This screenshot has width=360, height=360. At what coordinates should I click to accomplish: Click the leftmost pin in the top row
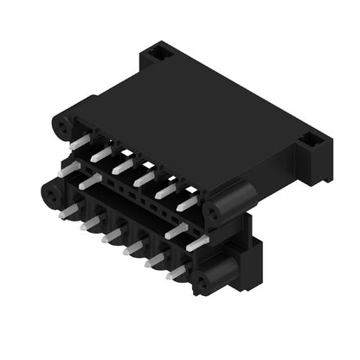(80, 141)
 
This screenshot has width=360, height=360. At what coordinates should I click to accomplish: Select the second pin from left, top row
(102, 153)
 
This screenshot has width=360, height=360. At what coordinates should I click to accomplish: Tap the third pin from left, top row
(124, 164)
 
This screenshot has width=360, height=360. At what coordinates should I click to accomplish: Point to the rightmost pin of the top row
(188, 202)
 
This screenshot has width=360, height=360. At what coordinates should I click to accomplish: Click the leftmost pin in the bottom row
(68, 210)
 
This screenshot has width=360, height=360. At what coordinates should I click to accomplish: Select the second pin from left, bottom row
(90, 223)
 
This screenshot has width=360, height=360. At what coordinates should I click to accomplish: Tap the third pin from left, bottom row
(112, 235)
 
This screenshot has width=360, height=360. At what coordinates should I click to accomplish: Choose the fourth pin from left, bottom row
(133, 247)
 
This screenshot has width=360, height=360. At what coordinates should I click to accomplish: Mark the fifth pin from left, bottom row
(155, 260)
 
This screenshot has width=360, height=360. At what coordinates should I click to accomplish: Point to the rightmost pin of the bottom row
(177, 272)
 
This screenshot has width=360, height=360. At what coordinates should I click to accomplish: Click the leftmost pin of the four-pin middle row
(69, 170)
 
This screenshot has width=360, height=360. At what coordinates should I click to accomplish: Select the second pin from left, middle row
(91, 182)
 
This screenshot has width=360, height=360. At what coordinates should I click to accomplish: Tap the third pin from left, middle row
(177, 230)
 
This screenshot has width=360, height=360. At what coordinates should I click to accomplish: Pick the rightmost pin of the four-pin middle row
(197, 243)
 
